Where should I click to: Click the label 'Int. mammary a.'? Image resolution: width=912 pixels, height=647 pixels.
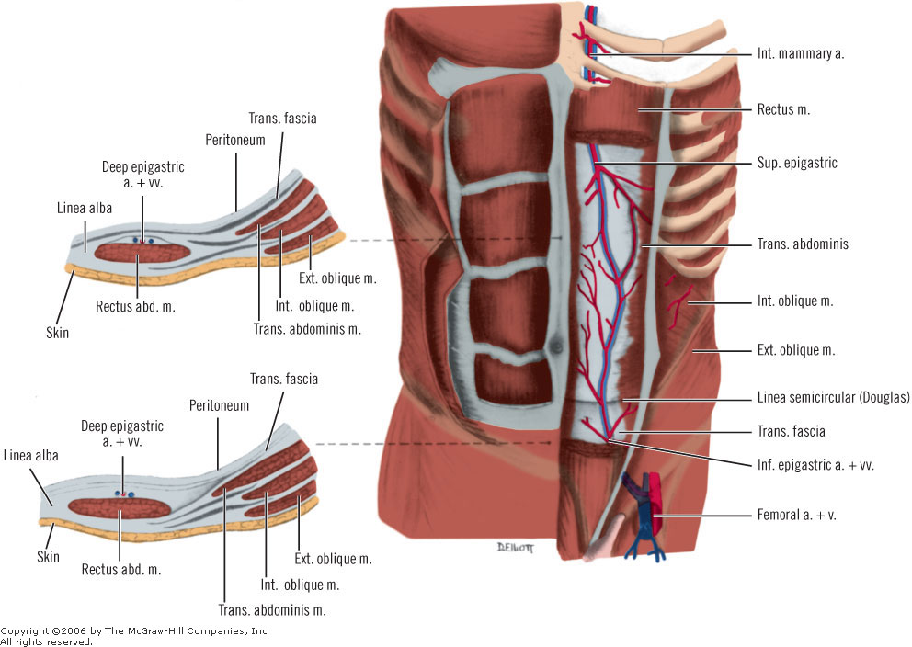(x=800, y=53)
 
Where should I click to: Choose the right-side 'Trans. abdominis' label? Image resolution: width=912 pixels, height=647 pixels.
(x=802, y=244)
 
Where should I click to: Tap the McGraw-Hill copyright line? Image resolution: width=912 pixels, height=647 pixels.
(x=134, y=631)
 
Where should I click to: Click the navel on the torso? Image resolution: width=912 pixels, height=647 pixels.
(x=554, y=346)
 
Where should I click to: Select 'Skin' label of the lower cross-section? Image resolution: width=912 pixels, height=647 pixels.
(x=48, y=557)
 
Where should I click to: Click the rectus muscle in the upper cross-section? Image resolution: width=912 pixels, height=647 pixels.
(x=142, y=252)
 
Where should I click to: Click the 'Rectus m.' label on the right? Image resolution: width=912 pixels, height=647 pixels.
(x=783, y=109)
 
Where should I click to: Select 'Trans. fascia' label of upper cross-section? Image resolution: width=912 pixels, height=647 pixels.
(x=283, y=118)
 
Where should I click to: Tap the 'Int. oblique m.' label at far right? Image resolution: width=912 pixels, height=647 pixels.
(x=794, y=301)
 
